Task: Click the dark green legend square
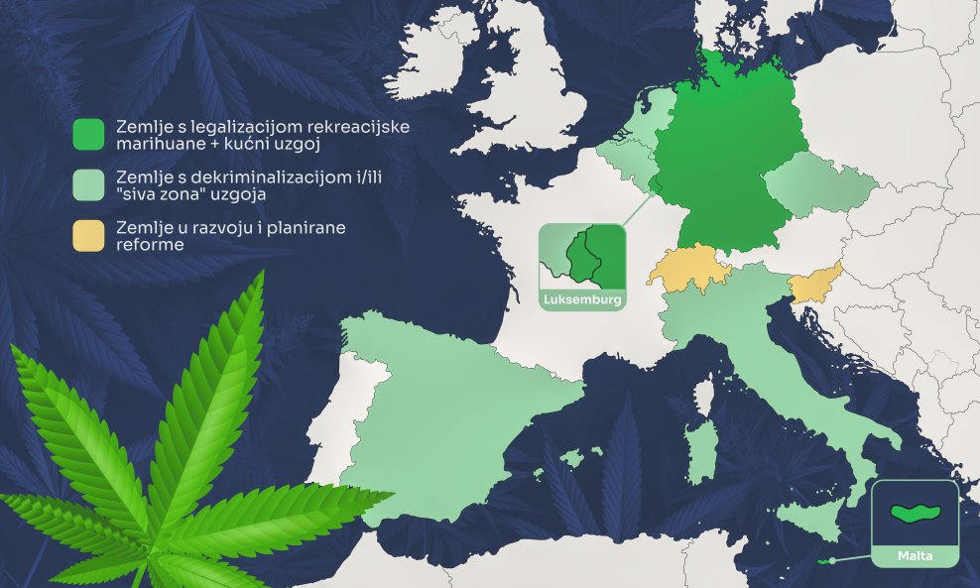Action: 88,135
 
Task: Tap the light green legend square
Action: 88,185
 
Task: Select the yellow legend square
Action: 88,235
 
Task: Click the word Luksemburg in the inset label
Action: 582,299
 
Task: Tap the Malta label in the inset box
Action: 914,555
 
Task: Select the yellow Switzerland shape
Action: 687,269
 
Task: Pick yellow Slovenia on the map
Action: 814,284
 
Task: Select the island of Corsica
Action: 706,397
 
